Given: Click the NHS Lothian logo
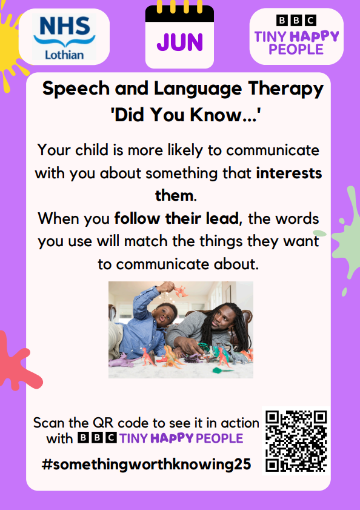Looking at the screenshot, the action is [x=64, y=37].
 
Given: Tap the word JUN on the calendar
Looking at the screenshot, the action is [x=179, y=42].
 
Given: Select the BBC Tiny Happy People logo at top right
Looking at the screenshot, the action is [x=296, y=35].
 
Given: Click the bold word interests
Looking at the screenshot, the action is [x=289, y=173].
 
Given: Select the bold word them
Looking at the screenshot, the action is [x=175, y=195].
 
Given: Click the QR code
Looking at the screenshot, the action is [x=296, y=441].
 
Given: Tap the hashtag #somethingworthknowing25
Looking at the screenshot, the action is [x=146, y=464].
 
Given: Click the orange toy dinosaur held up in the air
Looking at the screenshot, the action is [x=181, y=290].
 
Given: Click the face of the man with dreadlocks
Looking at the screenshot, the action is [x=222, y=320].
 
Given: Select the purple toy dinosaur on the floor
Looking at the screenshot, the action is [x=121, y=360].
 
